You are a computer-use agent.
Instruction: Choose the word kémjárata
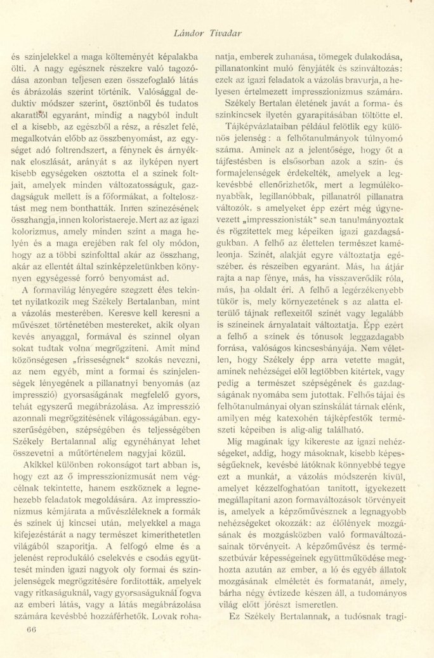[62, 502]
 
